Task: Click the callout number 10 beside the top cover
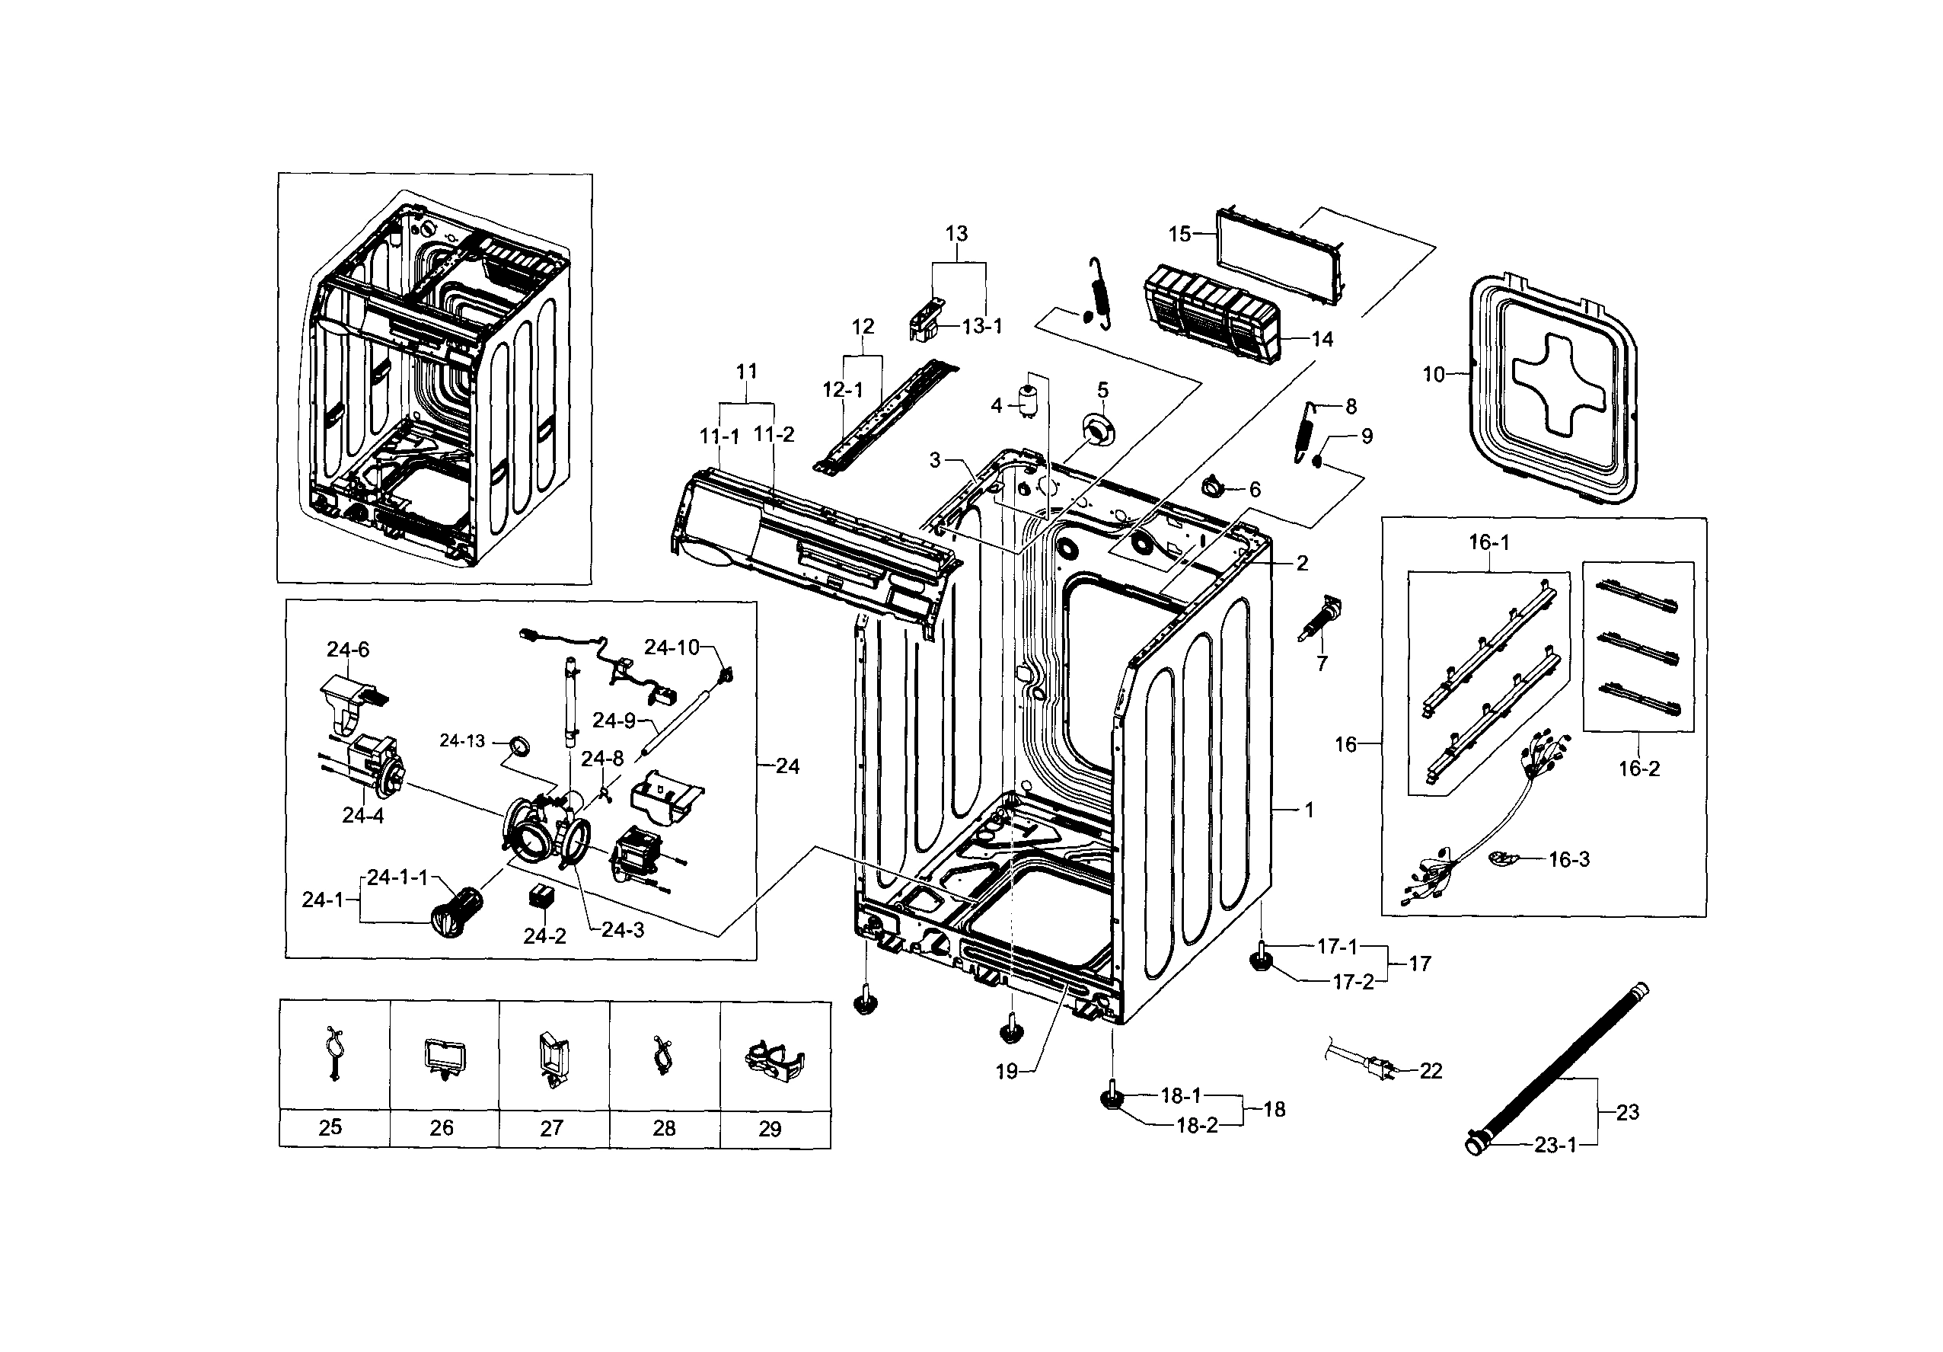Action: [1433, 374]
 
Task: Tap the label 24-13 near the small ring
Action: [462, 741]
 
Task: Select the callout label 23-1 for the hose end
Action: [1555, 1146]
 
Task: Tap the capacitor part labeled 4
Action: [1029, 401]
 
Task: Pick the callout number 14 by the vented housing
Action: [1322, 339]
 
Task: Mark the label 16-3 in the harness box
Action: [1569, 859]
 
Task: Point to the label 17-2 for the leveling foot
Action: [1353, 983]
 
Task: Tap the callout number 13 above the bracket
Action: [956, 233]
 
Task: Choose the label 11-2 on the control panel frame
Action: [774, 434]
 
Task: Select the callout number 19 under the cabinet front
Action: [1007, 1072]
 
